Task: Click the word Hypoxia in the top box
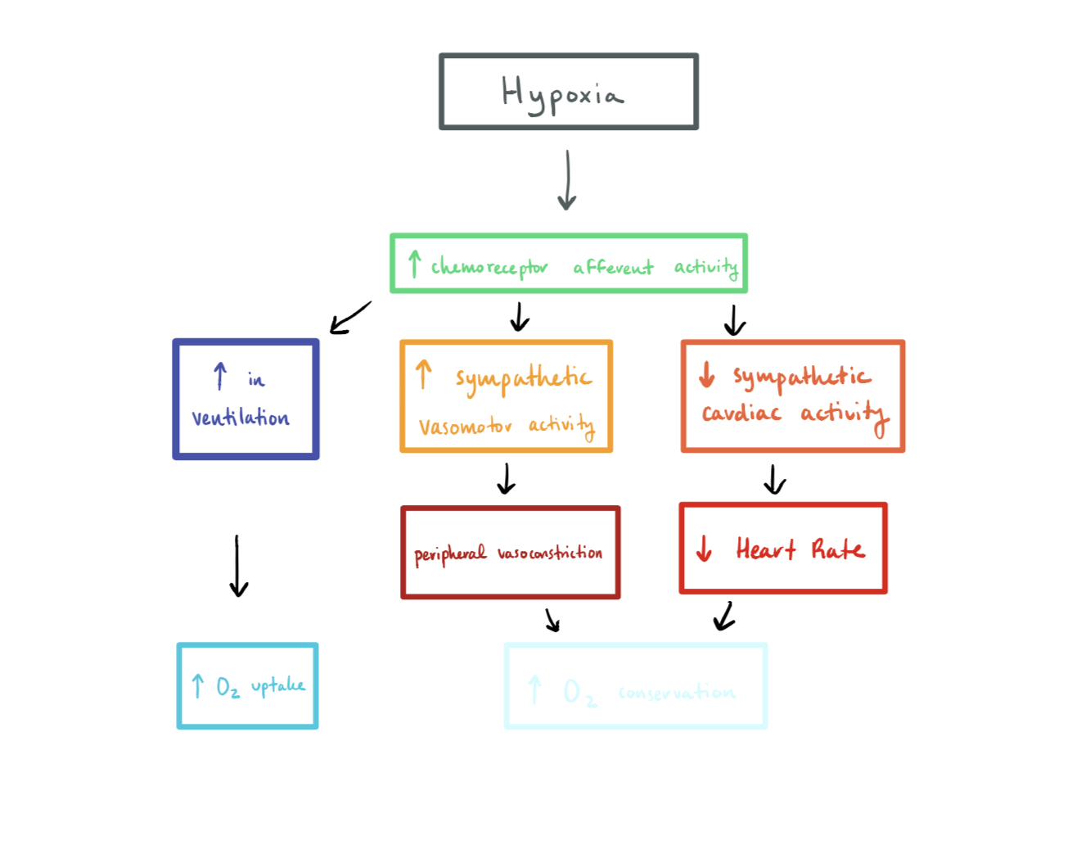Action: click(562, 94)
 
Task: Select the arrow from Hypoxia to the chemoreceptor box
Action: click(567, 179)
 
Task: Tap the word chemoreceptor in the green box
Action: click(489, 268)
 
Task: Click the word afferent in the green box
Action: click(613, 267)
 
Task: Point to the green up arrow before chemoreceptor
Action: click(414, 264)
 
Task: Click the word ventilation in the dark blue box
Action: click(241, 418)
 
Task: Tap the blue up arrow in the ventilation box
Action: click(219, 376)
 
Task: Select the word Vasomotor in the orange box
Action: click(465, 427)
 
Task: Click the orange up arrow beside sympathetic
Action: click(423, 374)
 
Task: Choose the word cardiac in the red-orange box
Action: click(741, 413)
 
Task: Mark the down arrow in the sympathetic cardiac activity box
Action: click(706, 375)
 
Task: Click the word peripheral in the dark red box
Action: click(449, 554)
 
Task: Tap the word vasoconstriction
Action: click(549, 553)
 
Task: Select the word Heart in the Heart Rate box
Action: click(765, 549)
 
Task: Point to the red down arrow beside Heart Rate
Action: click(704, 549)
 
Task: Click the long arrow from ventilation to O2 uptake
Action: click(237, 566)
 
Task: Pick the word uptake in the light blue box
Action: click(277, 685)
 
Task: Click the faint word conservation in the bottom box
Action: click(677, 693)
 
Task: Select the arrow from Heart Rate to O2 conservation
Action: click(723, 617)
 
